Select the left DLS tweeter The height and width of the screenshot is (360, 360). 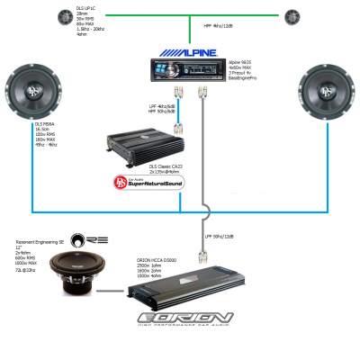(x=65, y=16)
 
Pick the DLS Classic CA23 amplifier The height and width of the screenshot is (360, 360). (x=139, y=143)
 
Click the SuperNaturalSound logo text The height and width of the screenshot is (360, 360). (x=162, y=184)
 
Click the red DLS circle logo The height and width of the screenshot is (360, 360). (x=121, y=184)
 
